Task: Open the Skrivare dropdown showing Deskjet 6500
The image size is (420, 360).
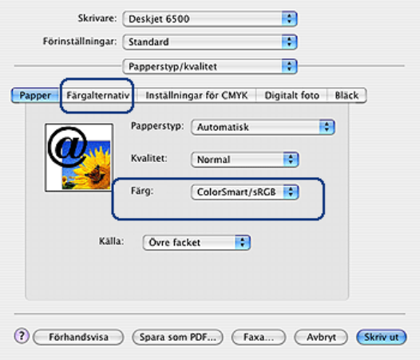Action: click(x=210, y=18)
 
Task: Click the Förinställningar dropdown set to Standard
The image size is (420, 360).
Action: click(x=210, y=42)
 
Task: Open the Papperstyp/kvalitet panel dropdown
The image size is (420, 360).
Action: click(x=210, y=66)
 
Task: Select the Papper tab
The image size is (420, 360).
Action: click(x=35, y=95)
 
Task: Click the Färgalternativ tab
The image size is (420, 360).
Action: click(x=97, y=95)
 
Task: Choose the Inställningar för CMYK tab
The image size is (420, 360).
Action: click(x=196, y=95)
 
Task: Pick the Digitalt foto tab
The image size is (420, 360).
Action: click(x=291, y=95)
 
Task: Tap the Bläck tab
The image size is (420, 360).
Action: click(x=347, y=95)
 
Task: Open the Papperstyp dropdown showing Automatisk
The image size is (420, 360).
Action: click(x=263, y=127)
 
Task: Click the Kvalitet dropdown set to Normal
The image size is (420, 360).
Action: click(x=245, y=160)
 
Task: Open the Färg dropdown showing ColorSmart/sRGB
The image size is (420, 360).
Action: click(x=245, y=192)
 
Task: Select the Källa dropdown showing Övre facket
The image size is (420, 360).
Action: click(x=196, y=243)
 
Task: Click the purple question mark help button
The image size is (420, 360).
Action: click(x=22, y=336)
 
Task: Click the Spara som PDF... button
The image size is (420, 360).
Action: click(x=177, y=337)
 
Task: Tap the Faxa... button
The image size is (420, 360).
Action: click(x=259, y=337)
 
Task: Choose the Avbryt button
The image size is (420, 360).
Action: click(x=321, y=337)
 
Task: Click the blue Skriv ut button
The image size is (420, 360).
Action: click(x=382, y=337)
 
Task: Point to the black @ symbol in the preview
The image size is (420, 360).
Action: click(x=67, y=146)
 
